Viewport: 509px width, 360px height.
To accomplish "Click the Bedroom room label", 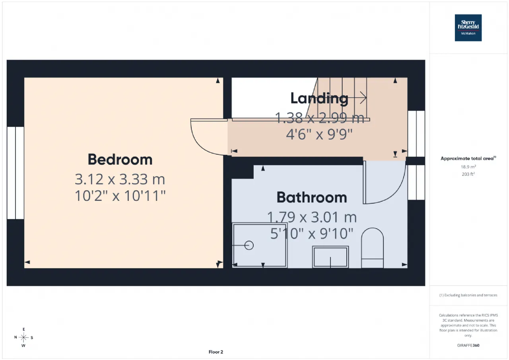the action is (x=120, y=160).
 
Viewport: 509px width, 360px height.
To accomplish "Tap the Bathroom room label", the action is (x=311, y=197).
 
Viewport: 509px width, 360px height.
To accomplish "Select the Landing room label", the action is (x=319, y=99).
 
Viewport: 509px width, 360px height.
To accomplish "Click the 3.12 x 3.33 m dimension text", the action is (x=120, y=179).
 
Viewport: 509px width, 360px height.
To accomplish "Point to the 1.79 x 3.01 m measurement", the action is (x=311, y=217).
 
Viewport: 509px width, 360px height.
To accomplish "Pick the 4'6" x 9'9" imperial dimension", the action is (x=319, y=134).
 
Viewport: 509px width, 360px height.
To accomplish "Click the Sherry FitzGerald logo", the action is (x=468, y=28).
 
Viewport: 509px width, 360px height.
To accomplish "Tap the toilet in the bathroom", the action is (x=372, y=248).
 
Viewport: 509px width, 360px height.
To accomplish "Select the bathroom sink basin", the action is (x=330, y=257).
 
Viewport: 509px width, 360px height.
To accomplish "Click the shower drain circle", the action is (x=249, y=245).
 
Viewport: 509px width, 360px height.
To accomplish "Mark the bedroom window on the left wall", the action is (x=16, y=173).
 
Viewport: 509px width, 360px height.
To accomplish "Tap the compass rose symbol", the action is (x=23, y=337).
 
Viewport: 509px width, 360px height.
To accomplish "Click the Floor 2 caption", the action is (x=216, y=352).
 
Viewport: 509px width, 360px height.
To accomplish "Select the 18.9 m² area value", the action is (x=468, y=167).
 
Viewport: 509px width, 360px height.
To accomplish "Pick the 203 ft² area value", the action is (x=468, y=174).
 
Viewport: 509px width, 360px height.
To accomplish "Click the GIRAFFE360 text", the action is (x=468, y=345).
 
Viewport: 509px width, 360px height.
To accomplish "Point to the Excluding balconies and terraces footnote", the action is (x=468, y=295).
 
